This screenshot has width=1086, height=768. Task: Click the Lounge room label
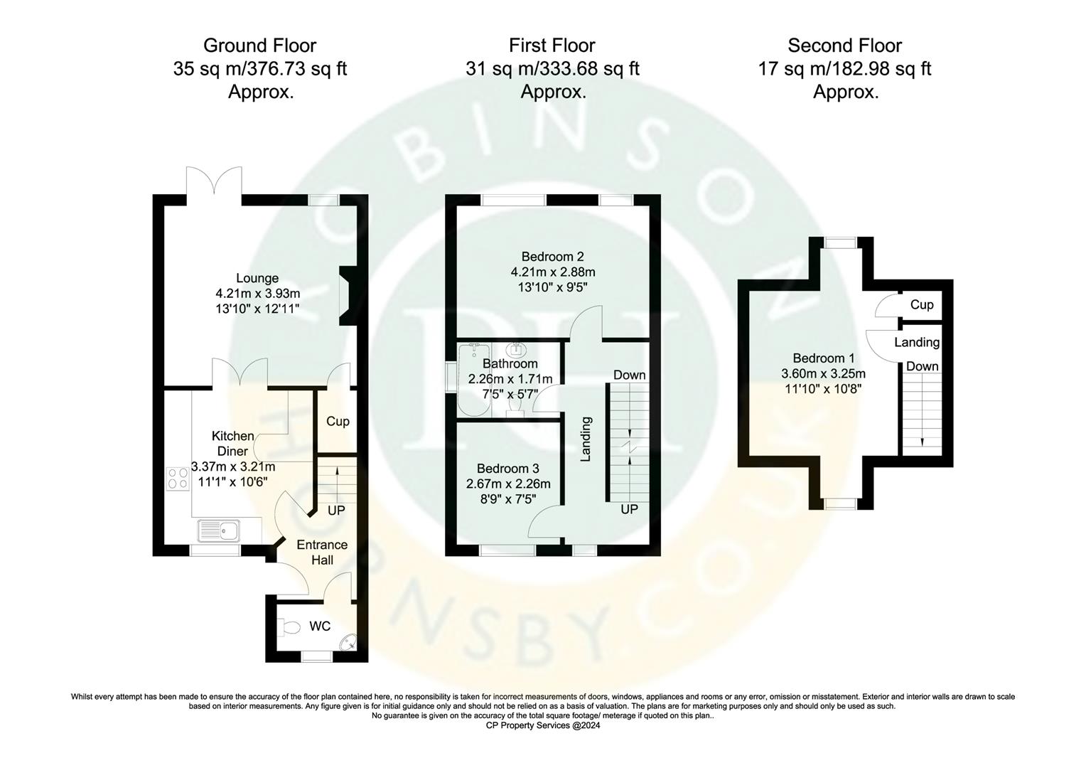(257, 278)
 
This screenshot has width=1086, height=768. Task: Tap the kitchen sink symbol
(220, 530)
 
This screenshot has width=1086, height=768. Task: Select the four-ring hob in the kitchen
(174, 479)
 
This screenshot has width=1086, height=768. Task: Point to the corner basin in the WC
(347, 642)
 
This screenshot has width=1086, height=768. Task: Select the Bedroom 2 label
(552, 257)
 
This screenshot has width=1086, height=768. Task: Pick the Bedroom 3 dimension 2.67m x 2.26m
(508, 484)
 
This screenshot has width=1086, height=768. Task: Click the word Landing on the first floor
(586, 439)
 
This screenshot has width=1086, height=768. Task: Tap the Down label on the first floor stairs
(629, 375)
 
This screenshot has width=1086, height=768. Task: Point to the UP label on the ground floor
(336, 511)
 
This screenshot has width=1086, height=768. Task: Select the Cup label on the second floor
(922, 304)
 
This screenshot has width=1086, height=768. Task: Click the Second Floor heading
(844, 46)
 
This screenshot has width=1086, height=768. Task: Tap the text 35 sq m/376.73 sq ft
(259, 69)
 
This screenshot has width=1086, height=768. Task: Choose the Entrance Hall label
(322, 553)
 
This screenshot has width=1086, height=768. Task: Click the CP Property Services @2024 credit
(543, 726)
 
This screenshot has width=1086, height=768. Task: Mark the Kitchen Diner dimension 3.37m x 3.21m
(233, 467)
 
